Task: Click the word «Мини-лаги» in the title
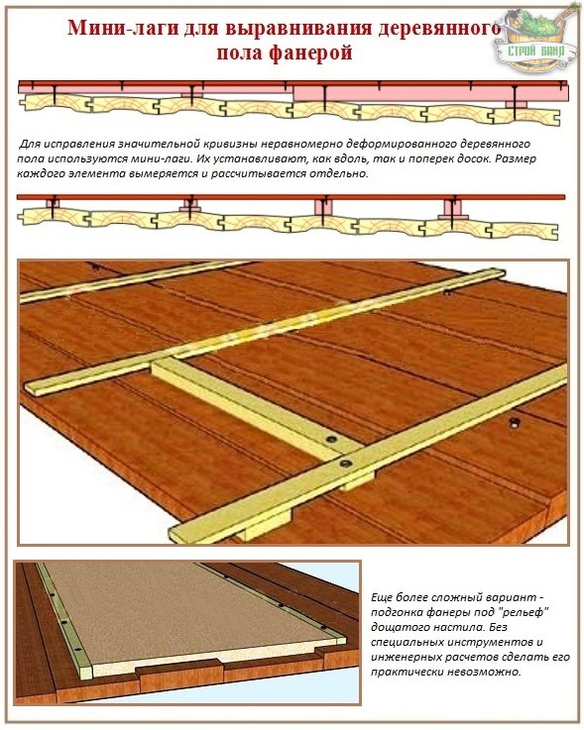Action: tap(122, 29)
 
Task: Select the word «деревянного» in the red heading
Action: tap(439, 29)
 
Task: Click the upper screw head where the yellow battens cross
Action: tap(332, 439)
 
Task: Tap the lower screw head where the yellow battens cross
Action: tap(346, 464)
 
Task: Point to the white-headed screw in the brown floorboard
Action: tap(514, 423)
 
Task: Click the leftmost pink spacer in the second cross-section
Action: tap(53, 203)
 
